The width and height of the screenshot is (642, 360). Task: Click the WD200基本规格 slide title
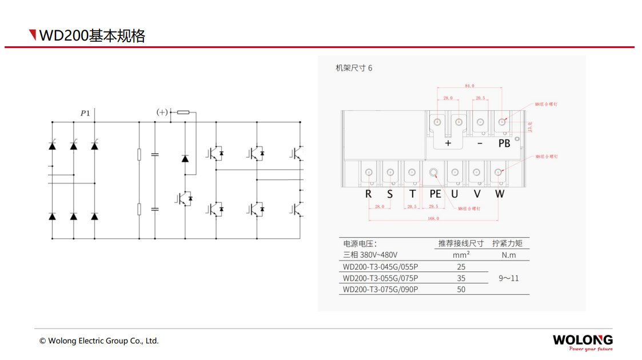tap(91, 35)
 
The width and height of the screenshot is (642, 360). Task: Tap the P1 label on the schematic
tap(85, 113)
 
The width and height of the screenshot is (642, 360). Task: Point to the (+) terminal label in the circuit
tap(162, 113)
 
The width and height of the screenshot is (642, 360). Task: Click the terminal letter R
tap(368, 194)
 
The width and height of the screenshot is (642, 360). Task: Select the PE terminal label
tap(435, 194)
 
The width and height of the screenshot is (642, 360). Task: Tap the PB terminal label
tap(504, 143)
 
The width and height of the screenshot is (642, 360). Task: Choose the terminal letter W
tap(500, 194)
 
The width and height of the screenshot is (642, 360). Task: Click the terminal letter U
tap(454, 194)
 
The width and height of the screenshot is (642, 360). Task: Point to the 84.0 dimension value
tap(469, 86)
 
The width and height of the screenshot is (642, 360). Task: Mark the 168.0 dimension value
tap(433, 219)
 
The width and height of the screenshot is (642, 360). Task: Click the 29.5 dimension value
tap(433, 206)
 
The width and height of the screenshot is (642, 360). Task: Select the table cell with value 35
tap(461, 278)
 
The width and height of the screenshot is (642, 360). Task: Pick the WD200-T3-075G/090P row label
tap(380, 289)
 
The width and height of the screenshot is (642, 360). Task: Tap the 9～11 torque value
tap(508, 278)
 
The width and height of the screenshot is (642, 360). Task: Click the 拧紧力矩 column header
tap(508, 243)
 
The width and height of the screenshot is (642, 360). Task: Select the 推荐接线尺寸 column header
tap(461, 243)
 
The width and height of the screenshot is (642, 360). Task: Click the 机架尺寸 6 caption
tap(354, 68)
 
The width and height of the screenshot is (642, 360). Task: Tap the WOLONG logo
tap(583, 341)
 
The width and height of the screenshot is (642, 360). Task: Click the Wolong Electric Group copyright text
tap(99, 341)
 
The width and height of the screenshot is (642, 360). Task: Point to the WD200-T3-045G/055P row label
tap(380, 267)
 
